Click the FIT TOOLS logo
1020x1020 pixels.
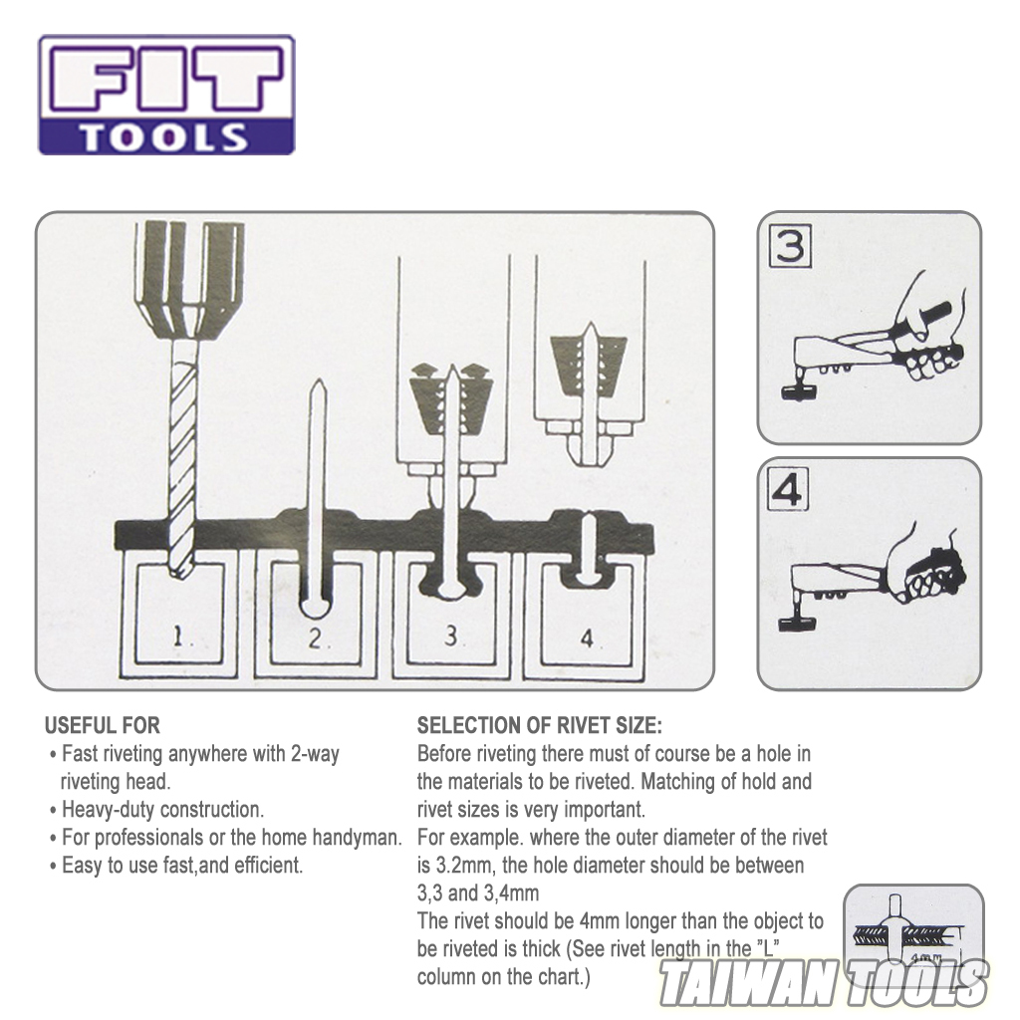point(166,95)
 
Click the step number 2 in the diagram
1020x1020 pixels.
point(317,638)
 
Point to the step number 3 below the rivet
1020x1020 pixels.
point(450,637)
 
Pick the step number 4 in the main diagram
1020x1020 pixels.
point(586,638)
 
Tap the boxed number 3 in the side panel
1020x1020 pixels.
point(791,246)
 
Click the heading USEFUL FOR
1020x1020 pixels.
point(103,725)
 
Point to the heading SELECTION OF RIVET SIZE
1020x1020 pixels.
point(539,725)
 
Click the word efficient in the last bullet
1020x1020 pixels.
point(266,866)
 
